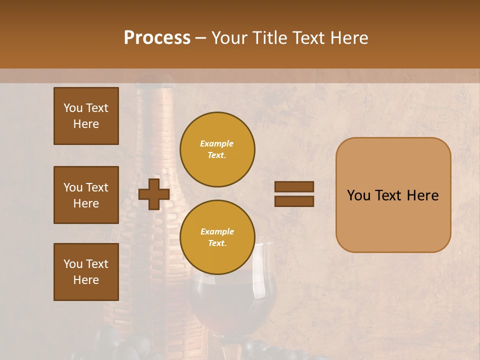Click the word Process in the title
[x=157, y=38]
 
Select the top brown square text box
[x=86, y=116]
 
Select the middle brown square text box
[x=86, y=195]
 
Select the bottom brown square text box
[x=86, y=272]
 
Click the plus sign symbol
[x=153, y=194]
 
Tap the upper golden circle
[x=217, y=149]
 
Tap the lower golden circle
[x=217, y=237]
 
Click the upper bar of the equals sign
[x=294, y=186]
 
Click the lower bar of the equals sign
[x=294, y=201]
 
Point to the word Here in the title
[x=346, y=38]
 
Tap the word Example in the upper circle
[x=217, y=143]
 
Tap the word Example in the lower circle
[x=217, y=231]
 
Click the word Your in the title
[x=229, y=38]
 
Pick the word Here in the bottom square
[x=86, y=280]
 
